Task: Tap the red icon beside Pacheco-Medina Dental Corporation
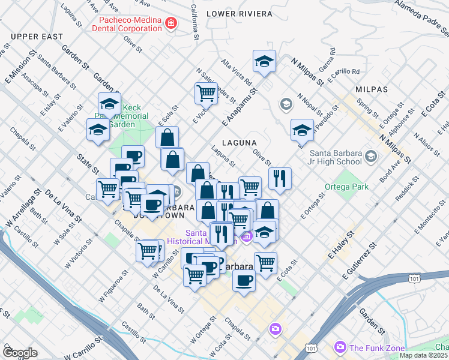coord(171,24)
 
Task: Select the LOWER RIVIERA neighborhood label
coord(239,13)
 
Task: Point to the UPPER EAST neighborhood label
coord(37,37)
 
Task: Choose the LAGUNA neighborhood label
coord(240,143)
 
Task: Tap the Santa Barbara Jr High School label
coord(333,157)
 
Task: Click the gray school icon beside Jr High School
coord(370,157)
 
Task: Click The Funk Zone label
coord(376,347)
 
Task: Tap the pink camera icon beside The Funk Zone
coord(340,347)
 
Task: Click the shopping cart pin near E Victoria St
coord(206,94)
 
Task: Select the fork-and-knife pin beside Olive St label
coord(280,178)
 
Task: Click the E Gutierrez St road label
coord(358,262)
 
